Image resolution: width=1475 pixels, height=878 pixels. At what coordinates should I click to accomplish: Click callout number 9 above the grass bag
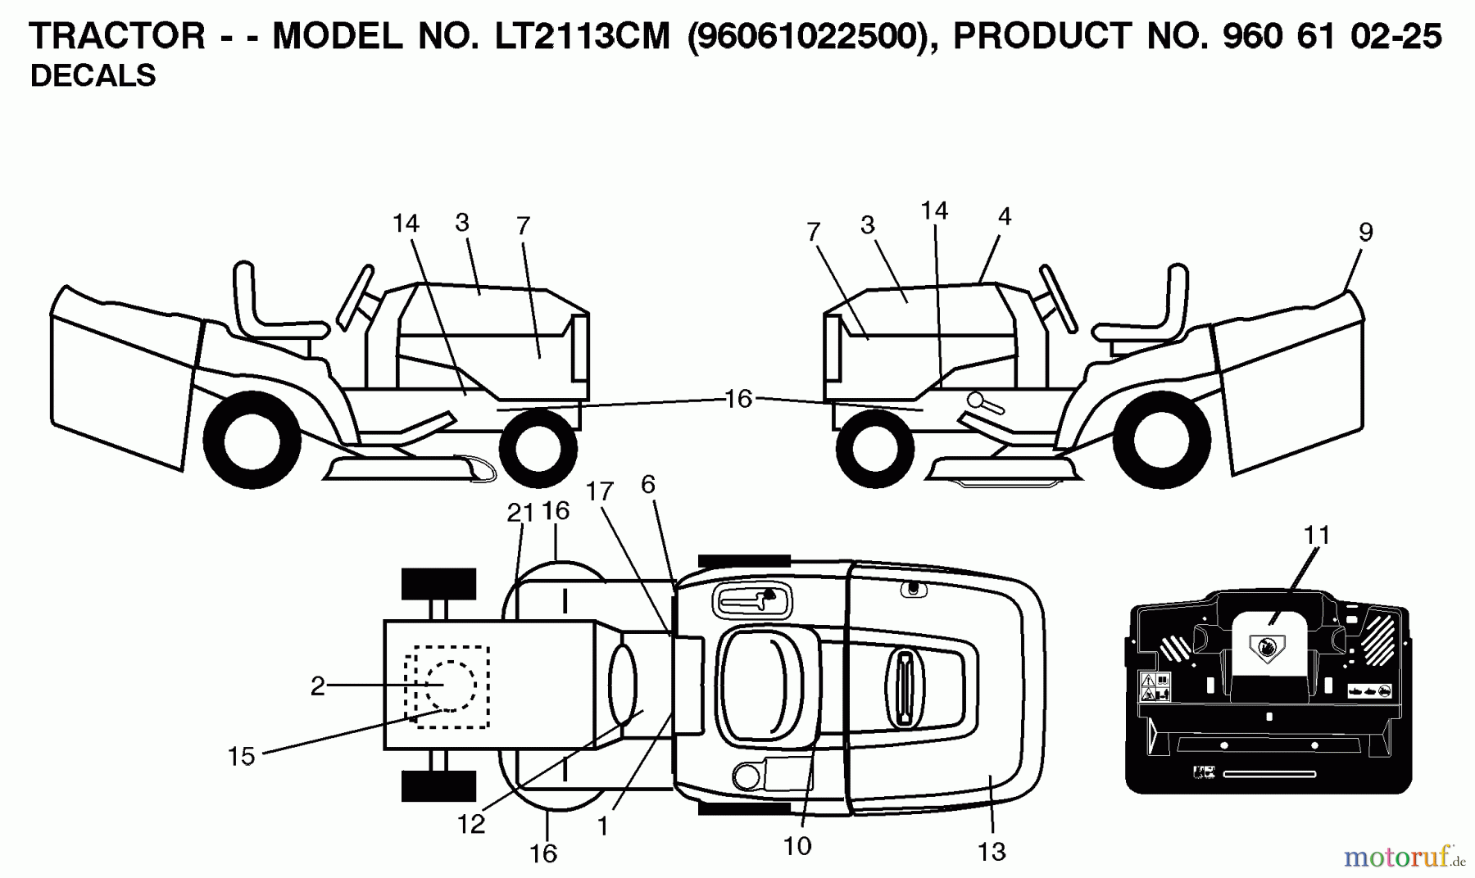[x=1365, y=233]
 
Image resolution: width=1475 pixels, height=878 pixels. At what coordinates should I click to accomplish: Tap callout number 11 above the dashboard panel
[x=1317, y=535]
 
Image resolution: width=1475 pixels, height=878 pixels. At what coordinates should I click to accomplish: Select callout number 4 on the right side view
[x=1005, y=217]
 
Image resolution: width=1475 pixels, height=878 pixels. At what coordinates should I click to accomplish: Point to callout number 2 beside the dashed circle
[x=318, y=686]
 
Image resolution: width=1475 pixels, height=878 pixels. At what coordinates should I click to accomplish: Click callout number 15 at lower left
[x=241, y=756]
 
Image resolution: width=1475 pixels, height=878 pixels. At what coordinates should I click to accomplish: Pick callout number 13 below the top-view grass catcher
[x=992, y=852]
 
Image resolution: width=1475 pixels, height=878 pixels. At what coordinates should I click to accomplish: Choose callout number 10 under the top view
[x=796, y=846]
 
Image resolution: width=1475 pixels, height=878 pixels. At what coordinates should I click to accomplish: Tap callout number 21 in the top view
[x=520, y=513]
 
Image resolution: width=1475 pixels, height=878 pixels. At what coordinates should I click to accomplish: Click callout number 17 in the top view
[x=600, y=491]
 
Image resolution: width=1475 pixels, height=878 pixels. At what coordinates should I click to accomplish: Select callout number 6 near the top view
[x=648, y=485]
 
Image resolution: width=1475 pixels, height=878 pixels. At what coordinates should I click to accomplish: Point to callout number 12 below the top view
[x=471, y=825]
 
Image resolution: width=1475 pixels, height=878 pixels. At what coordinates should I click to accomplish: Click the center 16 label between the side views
[x=738, y=399]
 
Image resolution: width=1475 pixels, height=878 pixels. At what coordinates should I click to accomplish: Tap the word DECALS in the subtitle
[x=93, y=75]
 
